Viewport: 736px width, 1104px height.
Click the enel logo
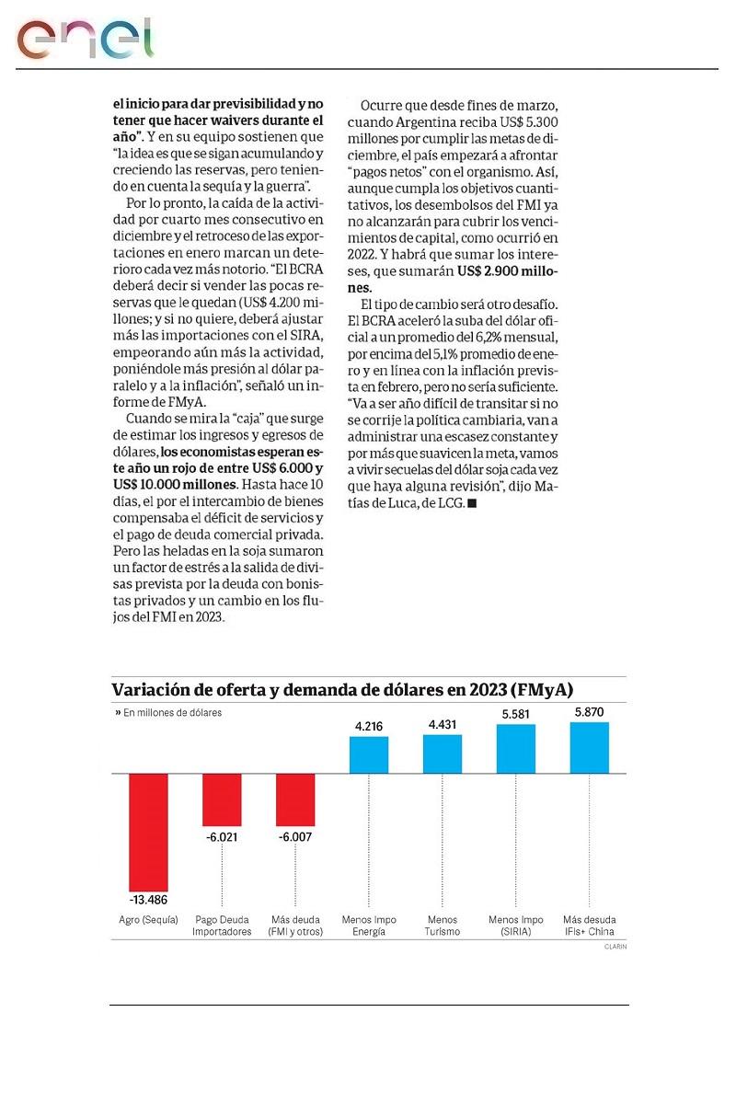(84, 38)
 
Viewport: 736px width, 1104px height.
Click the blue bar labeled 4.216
(369, 754)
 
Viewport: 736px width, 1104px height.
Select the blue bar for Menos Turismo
(443, 753)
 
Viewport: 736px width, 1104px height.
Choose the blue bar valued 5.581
(516, 748)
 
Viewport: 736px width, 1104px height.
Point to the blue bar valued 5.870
(590, 747)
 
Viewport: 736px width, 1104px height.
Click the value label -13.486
(148, 898)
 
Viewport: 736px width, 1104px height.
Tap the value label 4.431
(443, 726)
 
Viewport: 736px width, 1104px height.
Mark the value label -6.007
(294, 837)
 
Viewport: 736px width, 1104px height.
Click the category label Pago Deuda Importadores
(222, 926)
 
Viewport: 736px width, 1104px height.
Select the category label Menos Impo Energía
(369, 926)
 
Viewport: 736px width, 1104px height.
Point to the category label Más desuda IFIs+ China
(590, 926)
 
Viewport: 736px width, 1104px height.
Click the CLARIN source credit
(615, 946)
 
